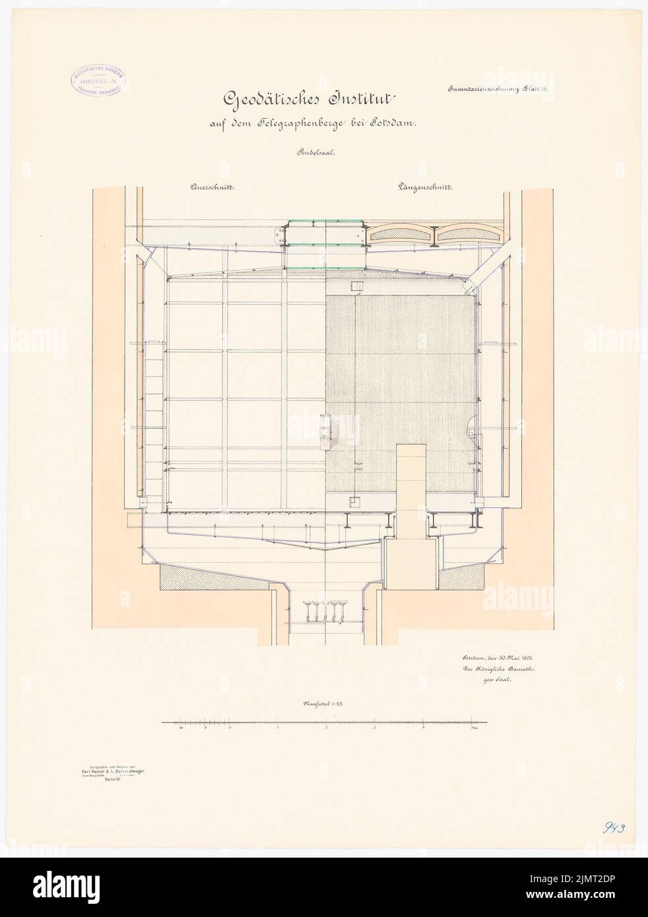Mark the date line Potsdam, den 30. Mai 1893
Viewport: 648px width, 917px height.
(x=492, y=658)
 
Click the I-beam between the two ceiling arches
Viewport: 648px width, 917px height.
(x=432, y=235)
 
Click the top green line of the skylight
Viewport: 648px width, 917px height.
(x=323, y=221)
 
